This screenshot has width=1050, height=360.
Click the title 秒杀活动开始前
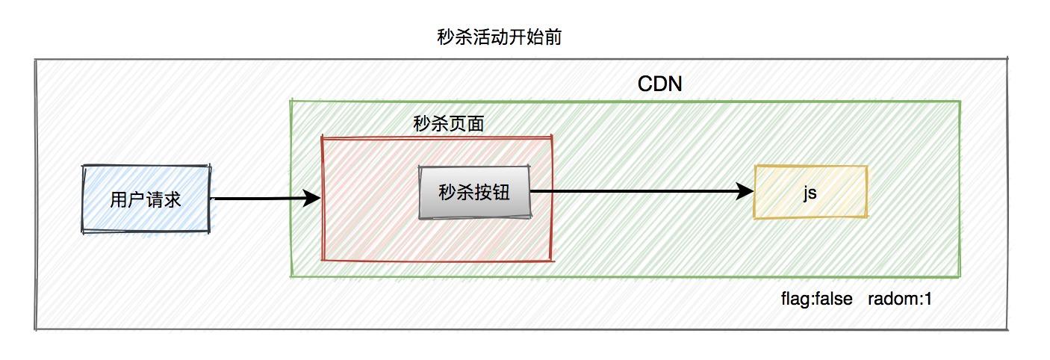point(499,37)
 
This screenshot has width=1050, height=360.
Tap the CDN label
point(659,84)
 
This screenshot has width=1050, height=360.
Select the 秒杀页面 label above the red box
point(448,124)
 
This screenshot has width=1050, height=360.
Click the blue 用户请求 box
point(146,199)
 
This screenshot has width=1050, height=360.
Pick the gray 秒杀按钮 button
point(475,192)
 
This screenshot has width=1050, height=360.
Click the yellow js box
point(810,193)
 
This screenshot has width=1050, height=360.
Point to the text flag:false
point(816,300)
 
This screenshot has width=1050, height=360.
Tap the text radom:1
point(900,300)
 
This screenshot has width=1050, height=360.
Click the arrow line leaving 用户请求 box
point(254,199)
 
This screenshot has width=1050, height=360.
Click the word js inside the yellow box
point(810,193)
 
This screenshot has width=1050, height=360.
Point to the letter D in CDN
point(659,84)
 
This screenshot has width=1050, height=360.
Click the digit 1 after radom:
point(928,300)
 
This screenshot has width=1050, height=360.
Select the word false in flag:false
point(833,300)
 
